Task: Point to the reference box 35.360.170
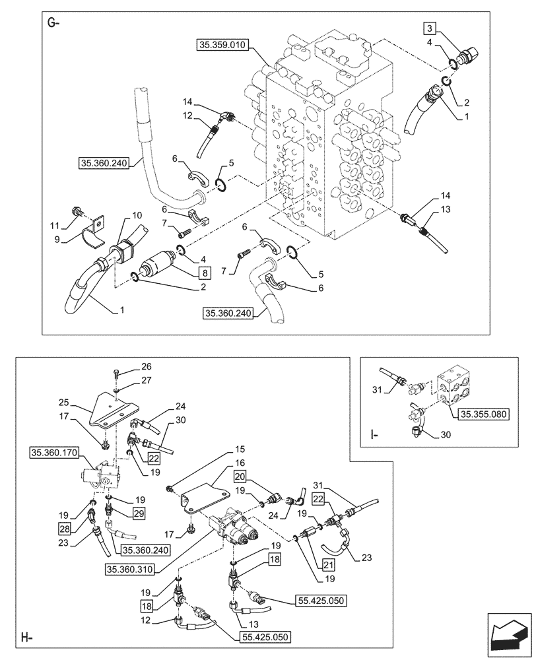(x=53, y=452)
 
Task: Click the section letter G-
(x=53, y=24)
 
